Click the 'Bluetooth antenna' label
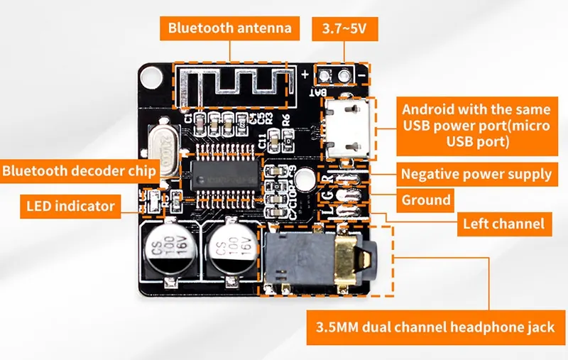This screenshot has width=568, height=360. tap(229, 28)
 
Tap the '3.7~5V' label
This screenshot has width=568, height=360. tap(344, 29)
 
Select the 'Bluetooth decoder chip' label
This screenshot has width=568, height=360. tap(79, 170)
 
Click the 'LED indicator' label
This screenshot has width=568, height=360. tap(70, 206)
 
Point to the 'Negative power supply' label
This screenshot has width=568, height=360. tap(476, 174)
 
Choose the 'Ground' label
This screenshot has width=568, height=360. tap(426, 200)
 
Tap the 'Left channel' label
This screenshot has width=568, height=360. tap(503, 224)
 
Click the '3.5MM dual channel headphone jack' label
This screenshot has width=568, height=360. tap(436, 328)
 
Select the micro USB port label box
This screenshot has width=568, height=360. tap(476, 126)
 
